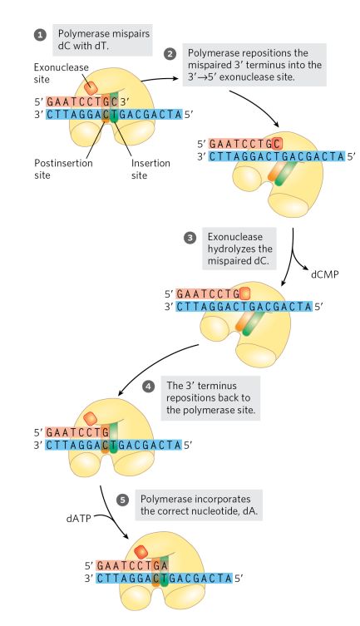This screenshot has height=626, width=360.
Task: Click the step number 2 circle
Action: tap(171, 53)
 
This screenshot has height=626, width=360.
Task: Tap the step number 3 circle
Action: tap(189, 238)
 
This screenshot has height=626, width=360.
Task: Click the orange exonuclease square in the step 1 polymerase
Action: tap(91, 84)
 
